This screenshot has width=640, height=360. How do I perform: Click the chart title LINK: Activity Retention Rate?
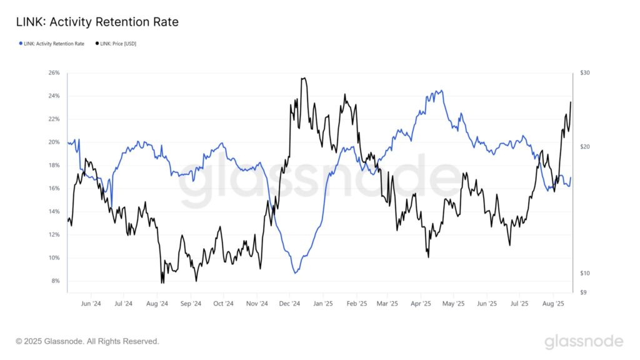tap(97, 22)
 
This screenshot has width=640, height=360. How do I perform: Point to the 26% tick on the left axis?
tap(54, 73)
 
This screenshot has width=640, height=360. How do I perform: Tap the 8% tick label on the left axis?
tap(55, 281)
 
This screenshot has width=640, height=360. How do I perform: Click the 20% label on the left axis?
tap(54, 142)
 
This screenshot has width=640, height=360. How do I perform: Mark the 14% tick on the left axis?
tap(54, 211)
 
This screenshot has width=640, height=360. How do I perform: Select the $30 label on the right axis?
tap(584, 73)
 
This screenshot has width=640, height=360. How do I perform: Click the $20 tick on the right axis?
tap(584, 147)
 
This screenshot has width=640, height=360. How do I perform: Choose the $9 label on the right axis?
tap(583, 292)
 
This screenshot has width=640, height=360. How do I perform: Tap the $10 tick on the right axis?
tap(584, 273)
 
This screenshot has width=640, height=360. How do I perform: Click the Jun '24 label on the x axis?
tap(91, 304)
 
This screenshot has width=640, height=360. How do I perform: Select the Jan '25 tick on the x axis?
tap(322, 304)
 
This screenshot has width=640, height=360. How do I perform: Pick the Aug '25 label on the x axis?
tap(553, 304)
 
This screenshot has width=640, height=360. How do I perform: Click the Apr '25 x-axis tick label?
tap(421, 304)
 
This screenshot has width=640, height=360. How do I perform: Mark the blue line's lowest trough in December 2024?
tap(296, 272)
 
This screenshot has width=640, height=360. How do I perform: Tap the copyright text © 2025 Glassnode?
tap(87, 341)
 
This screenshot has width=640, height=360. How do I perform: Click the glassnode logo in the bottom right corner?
tap(584, 341)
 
